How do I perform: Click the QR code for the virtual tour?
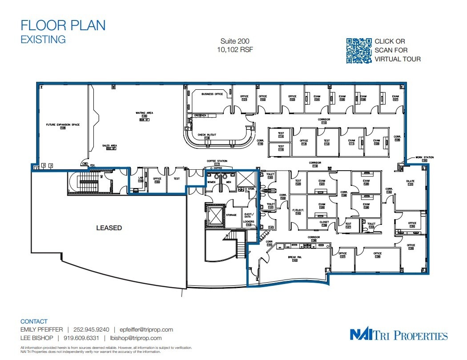pyautogui.click(x=358, y=50)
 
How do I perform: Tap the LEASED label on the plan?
pyautogui.click(x=109, y=228)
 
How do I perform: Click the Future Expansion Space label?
pyautogui.click(x=63, y=125)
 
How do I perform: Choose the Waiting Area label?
pyautogui.click(x=144, y=113)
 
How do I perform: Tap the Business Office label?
pyautogui.click(x=212, y=94)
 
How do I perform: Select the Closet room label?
pyautogui.click(x=324, y=222)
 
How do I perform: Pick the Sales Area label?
pyautogui.click(x=109, y=145)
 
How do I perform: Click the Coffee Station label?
pyautogui.click(x=217, y=161)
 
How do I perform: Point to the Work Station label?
pyautogui.click(x=424, y=157)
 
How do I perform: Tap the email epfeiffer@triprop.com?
pyautogui.click(x=143, y=330)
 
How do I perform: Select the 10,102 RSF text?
pyautogui.click(x=234, y=50)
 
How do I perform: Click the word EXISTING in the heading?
pyautogui.click(x=43, y=39)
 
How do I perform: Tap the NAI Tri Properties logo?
pyautogui.click(x=399, y=335)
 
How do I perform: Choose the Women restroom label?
pyautogui.click(x=211, y=182)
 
